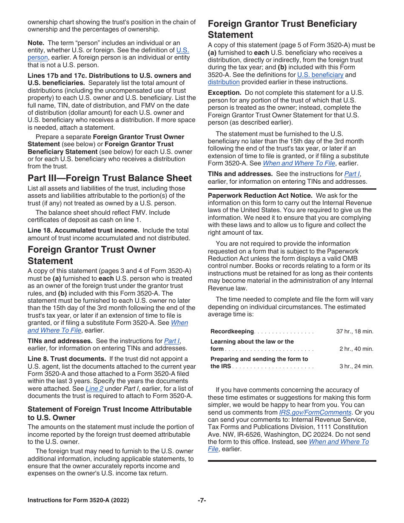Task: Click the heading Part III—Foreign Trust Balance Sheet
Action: tap(110, 178)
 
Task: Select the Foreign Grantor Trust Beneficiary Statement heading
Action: tap(282, 29)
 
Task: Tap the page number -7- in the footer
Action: tap(202, 500)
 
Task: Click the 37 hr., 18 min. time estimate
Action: tap(355, 332)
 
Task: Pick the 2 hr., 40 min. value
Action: tap(356, 349)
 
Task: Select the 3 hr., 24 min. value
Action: tap(356, 366)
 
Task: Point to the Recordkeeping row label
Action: tap(232, 332)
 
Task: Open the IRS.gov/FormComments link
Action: tap(315, 412)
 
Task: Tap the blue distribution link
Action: tap(224, 82)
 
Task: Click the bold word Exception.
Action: tap(224, 93)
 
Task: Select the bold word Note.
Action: tap(36, 43)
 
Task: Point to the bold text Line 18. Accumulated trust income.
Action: tap(83, 230)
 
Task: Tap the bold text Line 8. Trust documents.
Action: tap(67, 359)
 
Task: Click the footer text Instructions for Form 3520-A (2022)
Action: tap(78, 500)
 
